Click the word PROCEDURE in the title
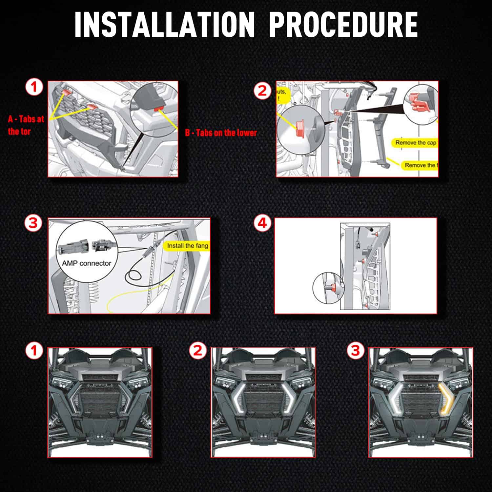343,25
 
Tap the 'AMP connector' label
87,263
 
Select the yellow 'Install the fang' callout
187,246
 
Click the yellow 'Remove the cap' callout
415,143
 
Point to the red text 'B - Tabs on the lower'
221,133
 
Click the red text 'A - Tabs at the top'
26,125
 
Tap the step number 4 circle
262,223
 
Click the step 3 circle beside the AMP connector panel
33,223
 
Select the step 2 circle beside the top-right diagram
262,90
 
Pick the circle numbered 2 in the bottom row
197,351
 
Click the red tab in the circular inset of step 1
159,108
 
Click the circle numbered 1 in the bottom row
34,351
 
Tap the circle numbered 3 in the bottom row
356,351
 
